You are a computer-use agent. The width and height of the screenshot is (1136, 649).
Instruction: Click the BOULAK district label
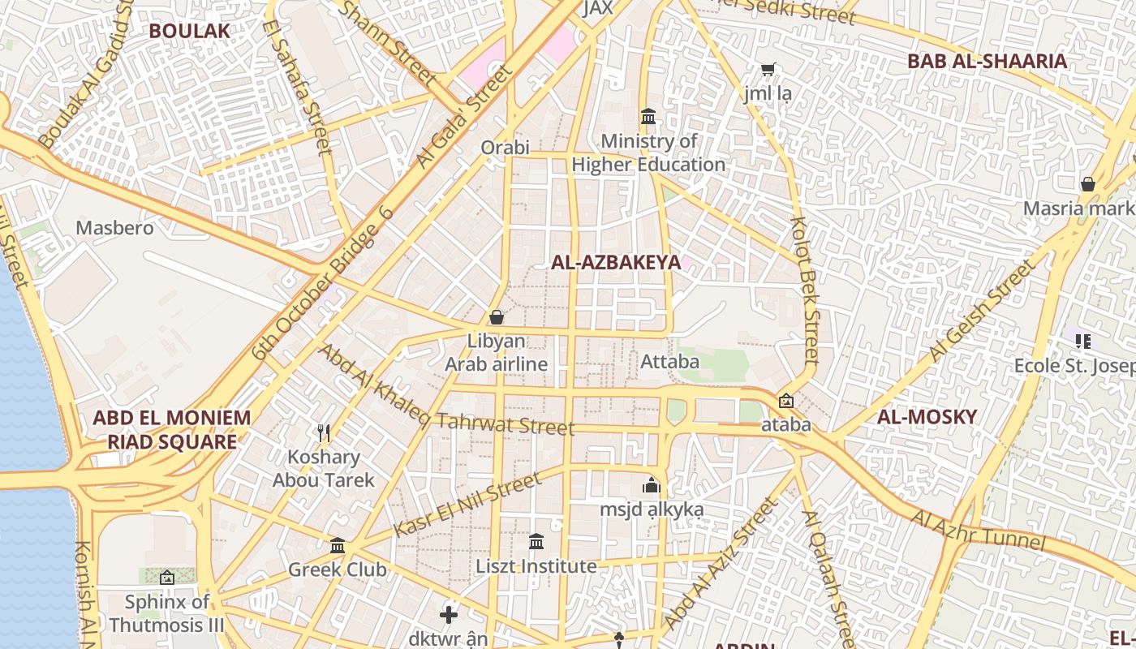coord(190,31)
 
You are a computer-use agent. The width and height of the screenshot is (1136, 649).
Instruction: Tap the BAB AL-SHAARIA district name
coord(987,61)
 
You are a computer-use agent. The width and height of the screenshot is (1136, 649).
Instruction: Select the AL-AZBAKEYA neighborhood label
coord(615,262)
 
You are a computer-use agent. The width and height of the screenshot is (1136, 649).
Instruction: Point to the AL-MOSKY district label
coord(927,417)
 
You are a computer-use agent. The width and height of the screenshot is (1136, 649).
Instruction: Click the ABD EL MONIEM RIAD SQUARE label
coord(172,430)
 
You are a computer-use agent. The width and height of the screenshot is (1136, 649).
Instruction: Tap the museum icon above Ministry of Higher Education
coord(648,117)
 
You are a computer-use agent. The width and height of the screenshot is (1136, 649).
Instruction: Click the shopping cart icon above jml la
coord(768,70)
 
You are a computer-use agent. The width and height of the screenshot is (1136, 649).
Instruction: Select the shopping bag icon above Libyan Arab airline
coord(497,316)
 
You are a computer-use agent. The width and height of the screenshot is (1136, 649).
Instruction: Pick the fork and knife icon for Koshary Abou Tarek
coord(324,433)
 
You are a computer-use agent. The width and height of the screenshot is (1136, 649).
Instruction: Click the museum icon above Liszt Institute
coord(536,541)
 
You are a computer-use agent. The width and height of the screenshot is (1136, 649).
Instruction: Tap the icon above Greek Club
coord(338,545)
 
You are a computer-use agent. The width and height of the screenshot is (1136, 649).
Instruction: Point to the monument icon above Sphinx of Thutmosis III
coord(167,578)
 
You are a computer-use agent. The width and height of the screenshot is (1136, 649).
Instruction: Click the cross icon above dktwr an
coord(449,614)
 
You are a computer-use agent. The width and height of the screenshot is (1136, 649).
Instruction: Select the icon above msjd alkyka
coord(652,486)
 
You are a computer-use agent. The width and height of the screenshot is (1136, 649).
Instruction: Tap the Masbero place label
coord(114,228)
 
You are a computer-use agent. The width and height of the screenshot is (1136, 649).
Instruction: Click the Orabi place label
coord(505,148)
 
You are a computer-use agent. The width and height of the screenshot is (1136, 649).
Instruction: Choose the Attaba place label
coord(669,362)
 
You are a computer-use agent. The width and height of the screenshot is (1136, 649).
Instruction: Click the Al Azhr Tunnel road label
coord(977,530)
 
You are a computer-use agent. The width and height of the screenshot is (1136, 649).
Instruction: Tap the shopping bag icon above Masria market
coord(1087,184)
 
